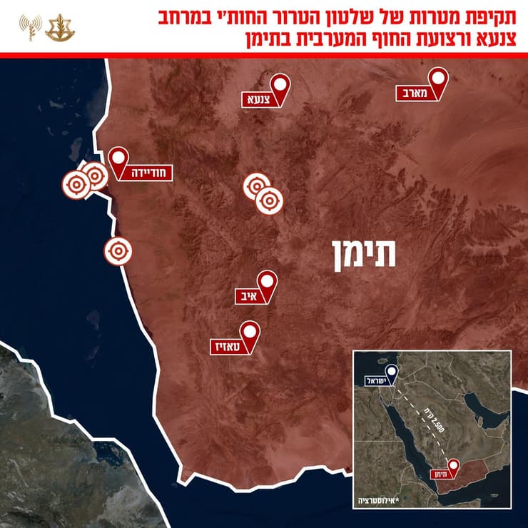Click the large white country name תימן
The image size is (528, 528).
click(x=362, y=254)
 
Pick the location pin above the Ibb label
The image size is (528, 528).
click(x=267, y=280)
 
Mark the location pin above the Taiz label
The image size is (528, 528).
click(x=249, y=331)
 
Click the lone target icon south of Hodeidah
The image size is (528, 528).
click(x=117, y=251)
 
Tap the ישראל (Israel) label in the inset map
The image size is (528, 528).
click(x=379, y=380)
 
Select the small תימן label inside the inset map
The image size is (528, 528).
click(x=437, y=474)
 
